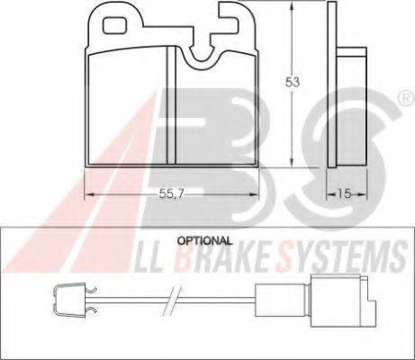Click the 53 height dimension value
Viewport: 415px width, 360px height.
[x=293, y=82]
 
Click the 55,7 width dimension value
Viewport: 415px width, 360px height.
[x=171, y=194]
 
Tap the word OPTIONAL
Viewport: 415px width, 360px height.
[x=204, y=240]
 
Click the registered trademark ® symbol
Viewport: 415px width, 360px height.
[x=406, y=98]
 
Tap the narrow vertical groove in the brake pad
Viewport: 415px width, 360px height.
[x=171, y=105]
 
